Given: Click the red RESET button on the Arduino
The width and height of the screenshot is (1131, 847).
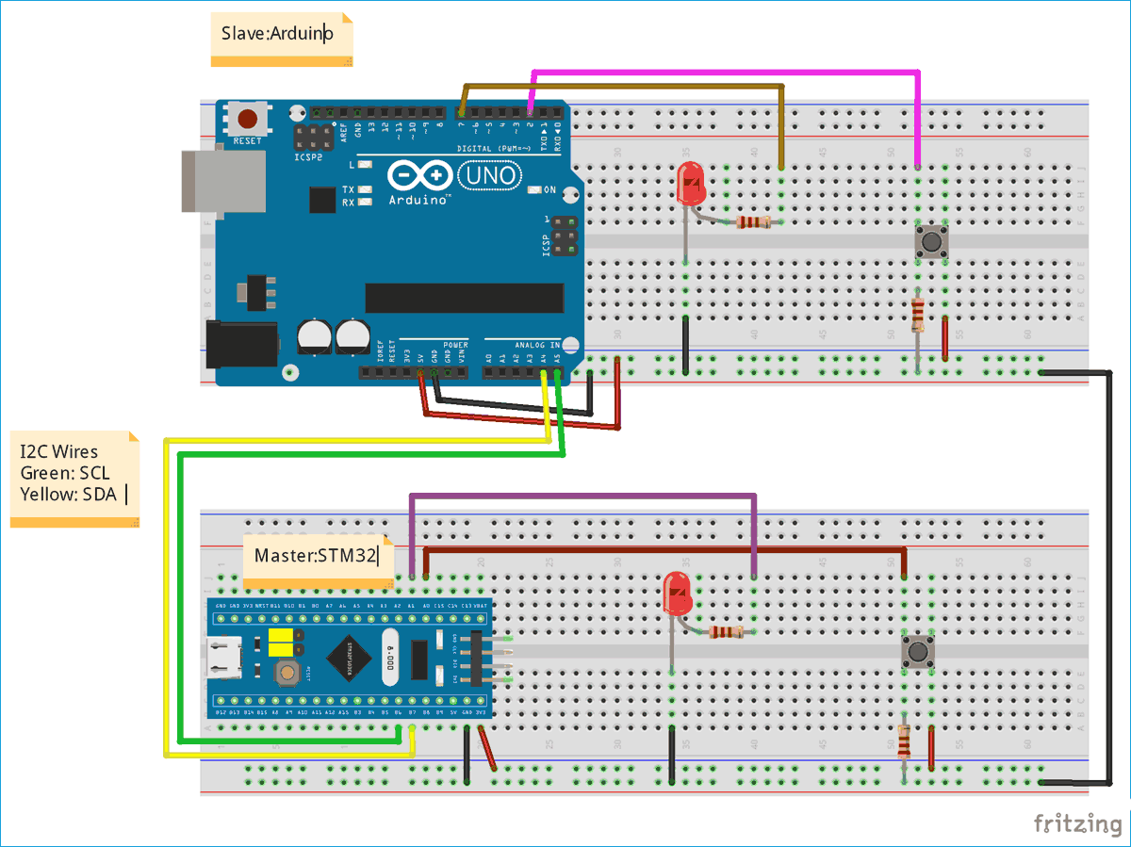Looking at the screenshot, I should point(247,120).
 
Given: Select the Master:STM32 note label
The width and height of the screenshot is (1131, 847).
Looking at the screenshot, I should point(316,556).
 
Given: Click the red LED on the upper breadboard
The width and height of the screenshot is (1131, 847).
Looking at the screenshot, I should point(692,186).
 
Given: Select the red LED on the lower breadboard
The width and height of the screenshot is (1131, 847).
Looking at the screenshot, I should point(677,594).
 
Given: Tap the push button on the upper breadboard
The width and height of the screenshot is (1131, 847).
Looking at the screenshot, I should point(932,243).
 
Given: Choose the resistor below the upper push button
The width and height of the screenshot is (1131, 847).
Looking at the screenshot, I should point(918,314).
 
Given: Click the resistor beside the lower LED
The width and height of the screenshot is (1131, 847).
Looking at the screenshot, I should point(726,632).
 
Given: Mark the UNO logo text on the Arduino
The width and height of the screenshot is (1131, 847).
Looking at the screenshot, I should point(488,175).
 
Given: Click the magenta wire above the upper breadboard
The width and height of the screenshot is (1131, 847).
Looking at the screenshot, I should point(726,72).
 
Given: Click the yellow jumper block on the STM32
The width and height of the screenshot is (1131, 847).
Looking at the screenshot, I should point(280,643).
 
